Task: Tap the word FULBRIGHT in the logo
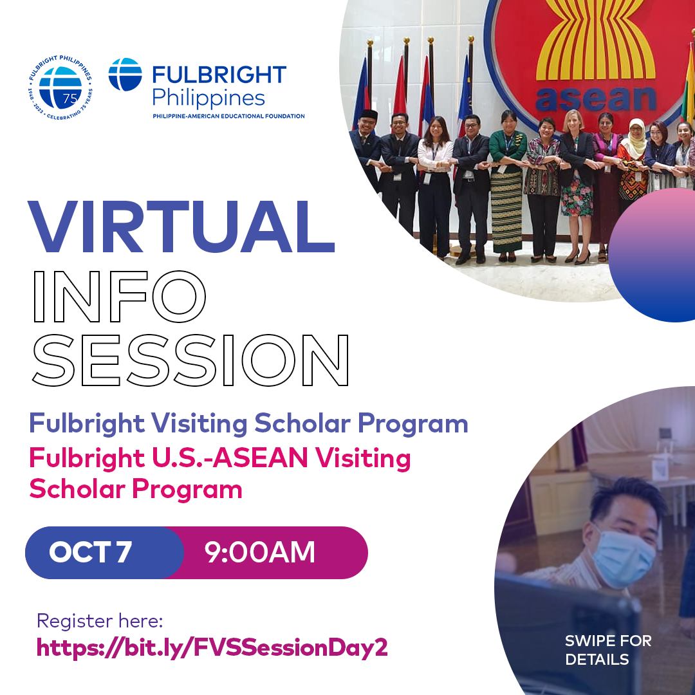coord(219,75)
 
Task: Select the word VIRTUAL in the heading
coord(181,227)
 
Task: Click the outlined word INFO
coord(120,296)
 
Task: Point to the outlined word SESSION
coord(190,360)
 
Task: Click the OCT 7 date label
coord(90,552)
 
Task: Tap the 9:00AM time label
coord(260,552)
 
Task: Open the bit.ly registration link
coord(212,648)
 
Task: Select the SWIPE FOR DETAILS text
coord(608,650)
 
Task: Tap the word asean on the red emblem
coord(596,99)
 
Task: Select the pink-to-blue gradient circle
coord(651,255)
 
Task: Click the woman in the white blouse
coord(435,186)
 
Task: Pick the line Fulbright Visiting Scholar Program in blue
coord(248,423)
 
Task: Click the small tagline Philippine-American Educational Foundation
coord(228,116)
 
